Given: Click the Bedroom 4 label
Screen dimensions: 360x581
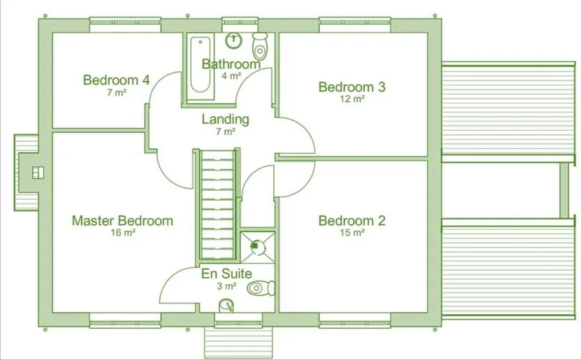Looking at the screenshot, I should click(x=116, y=80).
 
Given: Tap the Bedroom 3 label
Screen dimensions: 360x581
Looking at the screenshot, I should click(x=352, y=87).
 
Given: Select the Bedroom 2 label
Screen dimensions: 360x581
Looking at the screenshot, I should click(x=352, y=221).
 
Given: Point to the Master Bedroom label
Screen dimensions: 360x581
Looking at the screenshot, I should click(x=123, y=221).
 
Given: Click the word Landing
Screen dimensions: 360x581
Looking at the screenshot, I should click(x=225, y=119).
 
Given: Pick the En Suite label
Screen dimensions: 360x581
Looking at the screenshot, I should click(x=226, y=274).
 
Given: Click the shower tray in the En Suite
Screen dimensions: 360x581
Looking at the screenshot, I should click(x=257, y=245).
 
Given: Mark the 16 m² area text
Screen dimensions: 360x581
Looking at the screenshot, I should click(x=123, y=233).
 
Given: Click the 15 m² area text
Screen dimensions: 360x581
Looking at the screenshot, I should click(x=352, y=233).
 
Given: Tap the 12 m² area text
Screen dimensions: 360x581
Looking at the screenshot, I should click(x=352, y=99).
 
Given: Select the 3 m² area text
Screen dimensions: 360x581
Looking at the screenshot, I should click(x=227, y=285).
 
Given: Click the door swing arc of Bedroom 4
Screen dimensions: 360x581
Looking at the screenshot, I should click(x=159, y=87).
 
